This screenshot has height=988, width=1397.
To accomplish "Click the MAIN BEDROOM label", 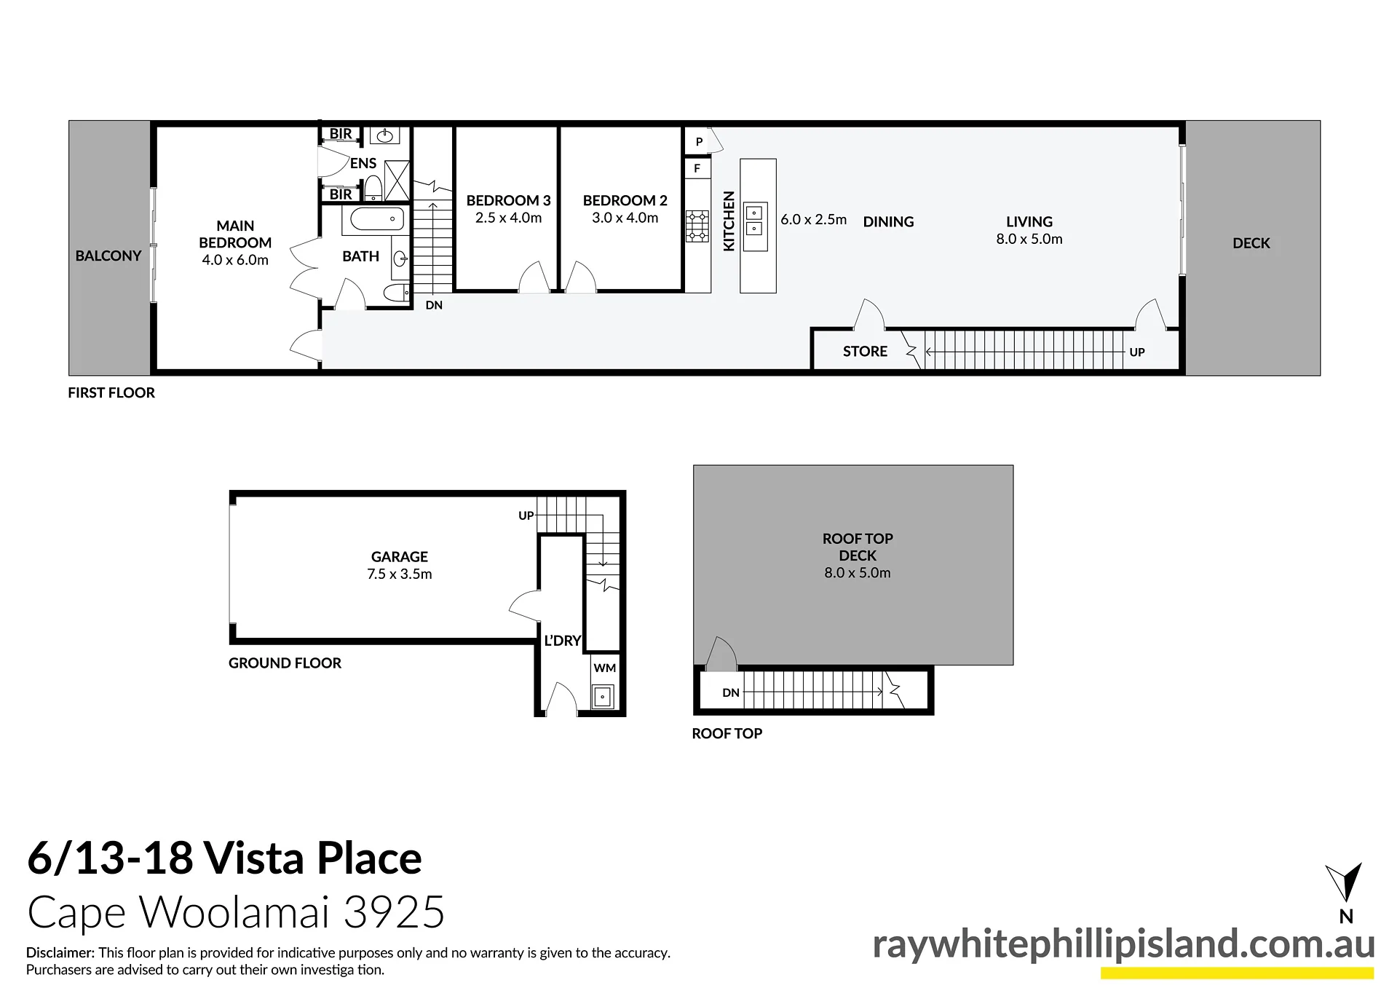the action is click(235, 234).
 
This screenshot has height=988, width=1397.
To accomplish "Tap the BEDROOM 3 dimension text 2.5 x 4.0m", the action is click(508, 218).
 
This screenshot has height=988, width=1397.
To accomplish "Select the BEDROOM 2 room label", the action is click(625, 200).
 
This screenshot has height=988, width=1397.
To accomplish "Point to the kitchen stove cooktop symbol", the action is click(697, 226).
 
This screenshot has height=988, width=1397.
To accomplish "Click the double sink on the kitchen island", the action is click(755, 221).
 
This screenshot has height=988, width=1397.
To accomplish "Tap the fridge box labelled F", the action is click(697, 168).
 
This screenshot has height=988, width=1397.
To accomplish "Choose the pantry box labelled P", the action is click(698, 142).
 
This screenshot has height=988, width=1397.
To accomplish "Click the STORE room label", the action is click(865, 351).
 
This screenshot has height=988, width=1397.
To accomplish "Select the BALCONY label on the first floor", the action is click(108, 256).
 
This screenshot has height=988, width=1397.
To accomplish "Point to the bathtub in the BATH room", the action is click(377, 218).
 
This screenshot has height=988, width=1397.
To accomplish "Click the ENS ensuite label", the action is click(363, 163).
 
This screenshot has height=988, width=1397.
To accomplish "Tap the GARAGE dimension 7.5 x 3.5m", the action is click(400, 574).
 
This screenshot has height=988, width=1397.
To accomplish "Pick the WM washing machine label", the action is click(605, 668).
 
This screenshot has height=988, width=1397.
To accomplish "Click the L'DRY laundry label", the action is click(563, 641).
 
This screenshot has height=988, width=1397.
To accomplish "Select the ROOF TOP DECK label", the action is click(858, 547).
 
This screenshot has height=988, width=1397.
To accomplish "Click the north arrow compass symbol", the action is click(1344, 882).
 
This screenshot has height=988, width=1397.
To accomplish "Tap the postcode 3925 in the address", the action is click(393, 912).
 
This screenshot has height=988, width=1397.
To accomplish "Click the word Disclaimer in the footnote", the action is click(60, 952).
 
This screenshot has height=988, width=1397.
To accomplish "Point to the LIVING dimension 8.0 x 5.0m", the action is click(1029, 239).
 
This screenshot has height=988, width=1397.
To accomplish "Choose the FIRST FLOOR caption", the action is click(111, 392).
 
